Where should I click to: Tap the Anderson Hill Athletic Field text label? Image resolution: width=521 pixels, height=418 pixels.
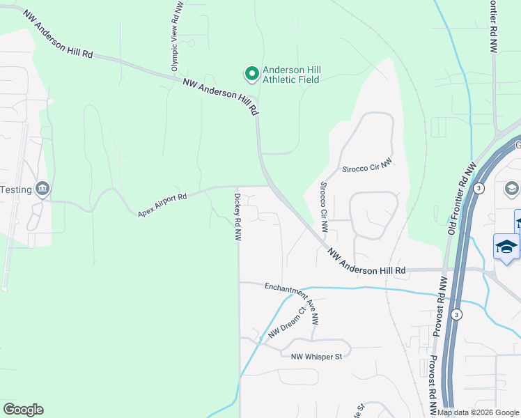pyautogui.click(x=290, y=75)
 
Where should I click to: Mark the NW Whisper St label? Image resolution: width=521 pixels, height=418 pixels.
pyautogui.click(x=317, y=357)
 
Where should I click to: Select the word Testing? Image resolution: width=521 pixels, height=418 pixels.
pyautogui.click(x=16, y=189)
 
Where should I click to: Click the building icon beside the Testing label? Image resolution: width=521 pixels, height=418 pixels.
pyautogui.click(x=42, y=189)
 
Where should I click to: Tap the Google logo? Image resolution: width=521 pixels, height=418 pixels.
pyautogui.click(x=23, y=410)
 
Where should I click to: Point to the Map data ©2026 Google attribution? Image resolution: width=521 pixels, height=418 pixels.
pyautogui.click(x=479, y=412)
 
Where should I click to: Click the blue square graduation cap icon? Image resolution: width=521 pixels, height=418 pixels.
pyautogui.click(x=506, y=247)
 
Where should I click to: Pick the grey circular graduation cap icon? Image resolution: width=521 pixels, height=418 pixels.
pyautogui.click(x=512, y=188)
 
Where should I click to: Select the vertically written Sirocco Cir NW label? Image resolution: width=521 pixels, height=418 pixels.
pyautogui.click(x=324, y=208)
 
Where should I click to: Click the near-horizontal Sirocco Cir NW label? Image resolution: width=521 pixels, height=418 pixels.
pyautogui.click(x=368, y=165)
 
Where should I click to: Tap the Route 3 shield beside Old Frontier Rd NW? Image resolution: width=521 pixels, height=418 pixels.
pyautogui.click(x=479, y=188)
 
